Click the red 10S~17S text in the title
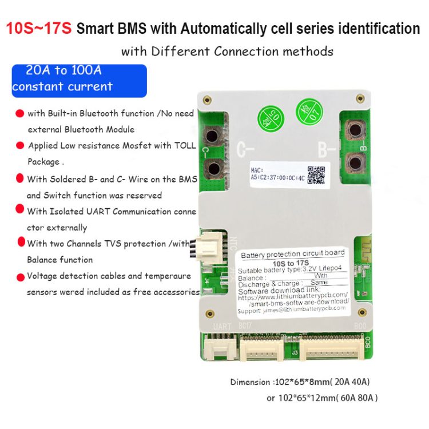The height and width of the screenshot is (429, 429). point(39,29)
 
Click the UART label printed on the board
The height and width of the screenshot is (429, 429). point(222,326)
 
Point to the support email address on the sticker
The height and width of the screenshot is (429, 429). point(292,309)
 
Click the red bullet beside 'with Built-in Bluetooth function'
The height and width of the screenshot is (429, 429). point(19,114)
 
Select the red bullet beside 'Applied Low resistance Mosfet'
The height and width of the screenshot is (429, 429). point(19,146)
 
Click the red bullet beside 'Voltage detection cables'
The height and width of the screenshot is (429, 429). point(19,276)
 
